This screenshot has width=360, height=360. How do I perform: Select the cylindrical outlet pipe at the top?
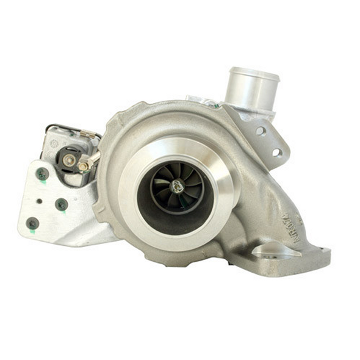251,88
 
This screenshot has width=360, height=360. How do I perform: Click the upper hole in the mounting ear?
261,131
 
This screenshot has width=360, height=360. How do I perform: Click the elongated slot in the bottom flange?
269,251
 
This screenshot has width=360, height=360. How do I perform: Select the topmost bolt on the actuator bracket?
42,174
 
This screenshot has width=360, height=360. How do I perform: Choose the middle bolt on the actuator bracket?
61,204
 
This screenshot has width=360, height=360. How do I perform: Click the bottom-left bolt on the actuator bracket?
33,223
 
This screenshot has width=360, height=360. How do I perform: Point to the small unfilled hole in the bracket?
39,200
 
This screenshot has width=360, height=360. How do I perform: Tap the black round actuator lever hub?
68,160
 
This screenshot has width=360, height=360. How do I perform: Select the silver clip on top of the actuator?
87,134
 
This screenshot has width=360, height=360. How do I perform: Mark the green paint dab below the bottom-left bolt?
32,232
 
